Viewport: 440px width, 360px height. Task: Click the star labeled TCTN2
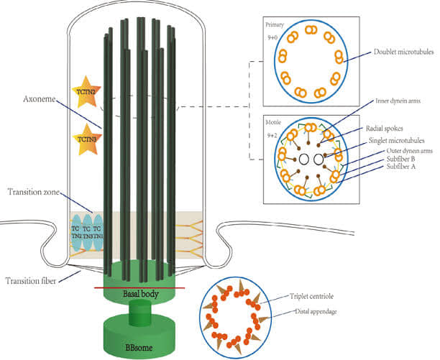86,91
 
